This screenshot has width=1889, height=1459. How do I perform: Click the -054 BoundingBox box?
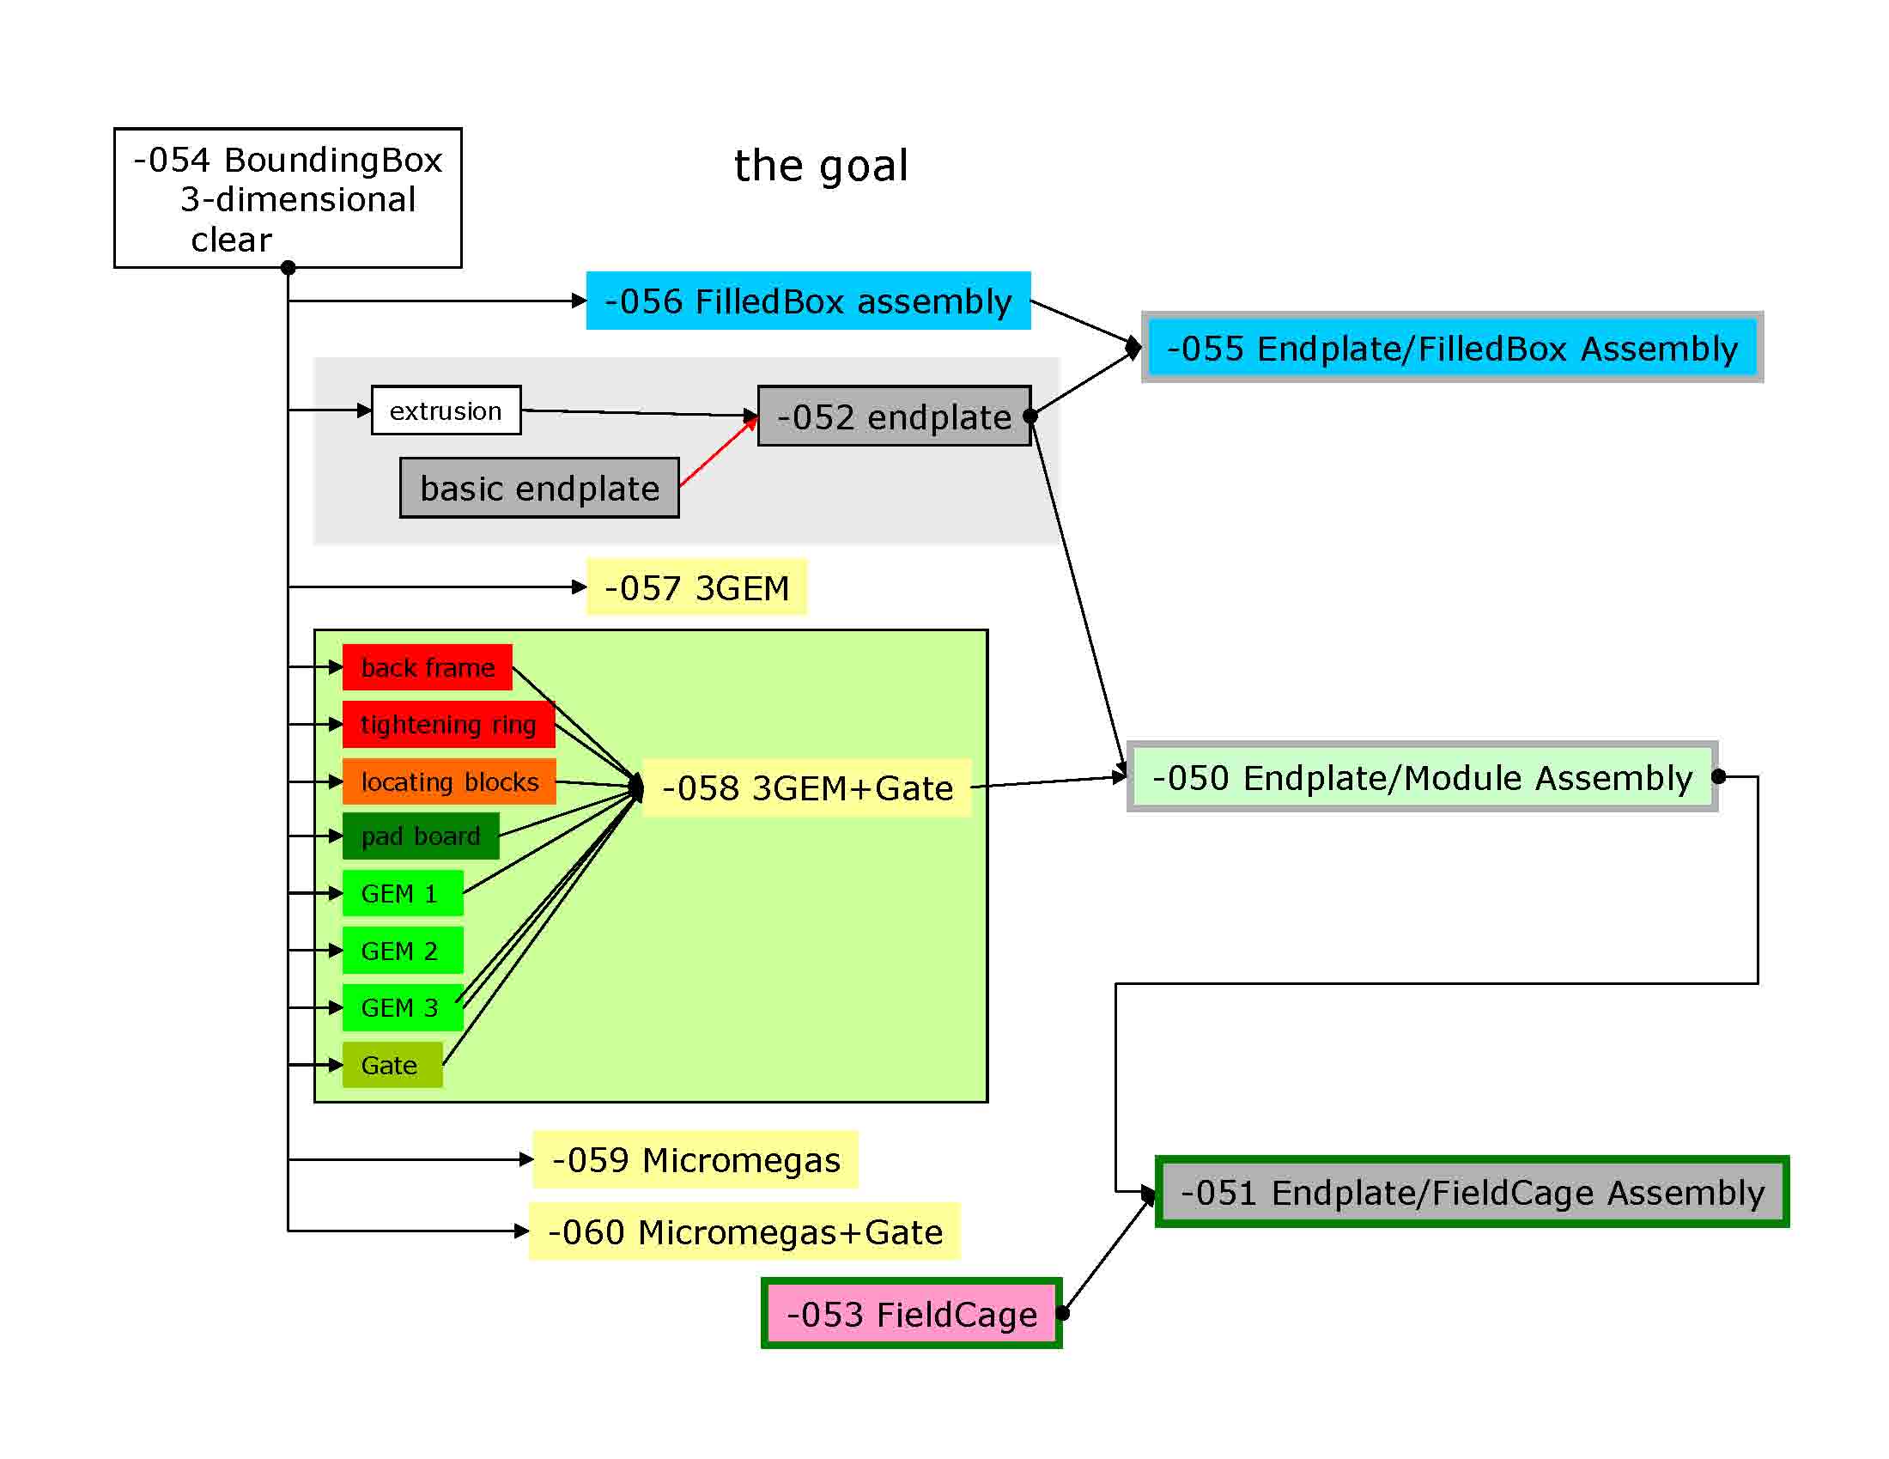(288, 198)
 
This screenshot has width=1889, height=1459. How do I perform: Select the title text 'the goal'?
(821, 166)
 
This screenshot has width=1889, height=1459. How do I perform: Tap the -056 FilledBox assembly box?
(808, 301)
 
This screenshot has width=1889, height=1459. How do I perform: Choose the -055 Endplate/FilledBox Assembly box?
(1452, 348)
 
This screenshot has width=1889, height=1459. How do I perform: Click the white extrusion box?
(446, 410)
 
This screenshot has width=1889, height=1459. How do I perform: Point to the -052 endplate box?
(895, 416)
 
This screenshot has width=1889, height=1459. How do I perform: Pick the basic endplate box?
(540, 488)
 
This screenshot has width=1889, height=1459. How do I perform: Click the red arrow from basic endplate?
(719, 451)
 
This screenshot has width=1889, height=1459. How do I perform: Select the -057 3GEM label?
(696, 587)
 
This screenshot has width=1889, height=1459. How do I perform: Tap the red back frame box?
(428, 666)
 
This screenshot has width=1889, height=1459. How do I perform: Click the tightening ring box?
(448, 724)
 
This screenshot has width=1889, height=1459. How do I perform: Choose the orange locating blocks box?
(449, 781)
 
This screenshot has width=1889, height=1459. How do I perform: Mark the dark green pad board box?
(421, 836)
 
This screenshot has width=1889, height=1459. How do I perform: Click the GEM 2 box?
(402, 951)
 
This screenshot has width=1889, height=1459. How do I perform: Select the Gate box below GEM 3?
(392, 1065)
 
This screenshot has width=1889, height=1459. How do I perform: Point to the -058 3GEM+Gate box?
(807, 787)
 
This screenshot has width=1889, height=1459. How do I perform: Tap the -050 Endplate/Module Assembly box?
(1422, 776)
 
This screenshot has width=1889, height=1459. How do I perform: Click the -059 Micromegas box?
(695, 1160)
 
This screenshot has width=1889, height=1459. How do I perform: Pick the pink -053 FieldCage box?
(912, 1313)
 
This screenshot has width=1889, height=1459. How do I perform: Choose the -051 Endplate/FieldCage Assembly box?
(1472, 1192)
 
